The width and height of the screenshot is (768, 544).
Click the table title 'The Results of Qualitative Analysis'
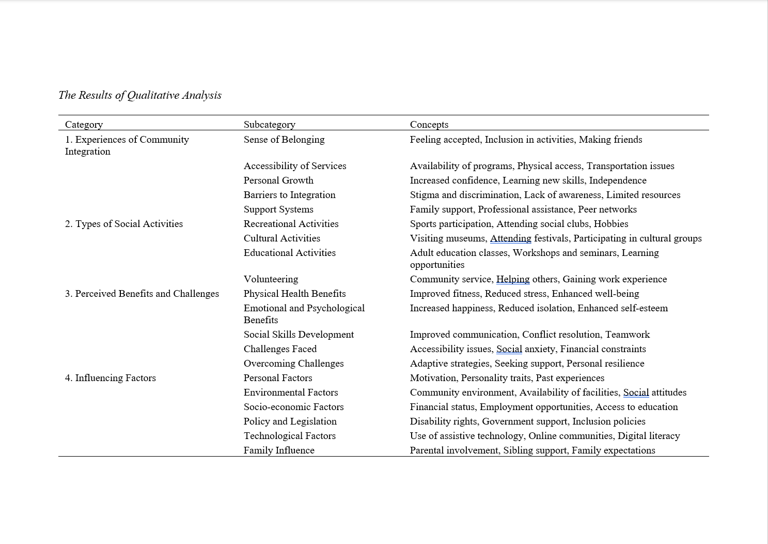point(139,95)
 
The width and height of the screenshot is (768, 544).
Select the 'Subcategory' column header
point(269,125)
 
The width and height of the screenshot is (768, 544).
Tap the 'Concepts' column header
point(429,125)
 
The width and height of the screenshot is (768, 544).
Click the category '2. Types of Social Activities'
point(123,224)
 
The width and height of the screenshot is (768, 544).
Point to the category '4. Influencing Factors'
point(110,378)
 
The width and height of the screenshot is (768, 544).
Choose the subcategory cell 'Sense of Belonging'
point(284,140)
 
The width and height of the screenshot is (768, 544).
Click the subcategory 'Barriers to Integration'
point(289,195)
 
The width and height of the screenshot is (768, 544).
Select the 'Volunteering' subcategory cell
point(271,279)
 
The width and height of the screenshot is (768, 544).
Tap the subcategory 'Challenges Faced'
point(280,349)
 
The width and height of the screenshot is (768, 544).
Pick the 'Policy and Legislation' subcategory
point(290,421)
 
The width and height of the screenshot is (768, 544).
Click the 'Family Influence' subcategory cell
point(279,450)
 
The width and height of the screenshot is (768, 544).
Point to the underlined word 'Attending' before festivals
point(510,238)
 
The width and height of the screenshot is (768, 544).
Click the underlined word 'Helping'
point(513,279)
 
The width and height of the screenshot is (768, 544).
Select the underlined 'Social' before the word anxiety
point(509,349)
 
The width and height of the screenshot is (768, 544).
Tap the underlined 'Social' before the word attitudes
point(636,392)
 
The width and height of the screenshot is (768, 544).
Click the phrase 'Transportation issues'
point(630,166)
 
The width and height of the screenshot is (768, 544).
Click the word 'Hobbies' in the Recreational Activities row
point(610,224)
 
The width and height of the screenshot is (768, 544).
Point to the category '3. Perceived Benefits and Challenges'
point(142,294)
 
